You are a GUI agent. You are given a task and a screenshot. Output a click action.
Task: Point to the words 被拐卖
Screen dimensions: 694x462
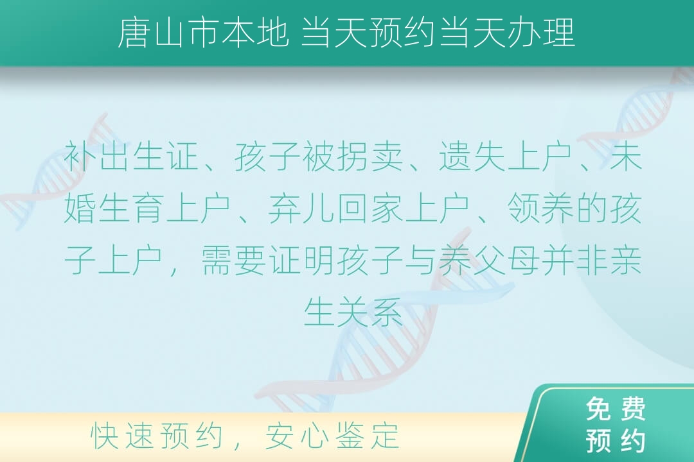[353, 157]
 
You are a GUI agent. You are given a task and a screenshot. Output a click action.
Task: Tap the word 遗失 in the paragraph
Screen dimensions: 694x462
[472, 157]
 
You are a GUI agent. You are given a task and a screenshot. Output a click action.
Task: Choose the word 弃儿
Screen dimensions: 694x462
[301, 209]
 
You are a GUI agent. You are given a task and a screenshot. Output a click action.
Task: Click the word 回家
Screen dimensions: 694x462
[369, 209]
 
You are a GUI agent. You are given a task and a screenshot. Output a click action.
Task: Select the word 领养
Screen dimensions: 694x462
[540, 209]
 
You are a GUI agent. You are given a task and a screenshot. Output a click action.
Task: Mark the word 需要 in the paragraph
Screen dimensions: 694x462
[234, 260]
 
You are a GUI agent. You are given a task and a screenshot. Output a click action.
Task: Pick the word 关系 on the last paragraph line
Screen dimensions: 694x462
[369, 312]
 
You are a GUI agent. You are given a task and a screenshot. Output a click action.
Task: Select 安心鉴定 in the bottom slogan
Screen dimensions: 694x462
[332, 436]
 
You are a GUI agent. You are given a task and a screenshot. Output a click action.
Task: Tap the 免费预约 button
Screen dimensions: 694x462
[616, 425]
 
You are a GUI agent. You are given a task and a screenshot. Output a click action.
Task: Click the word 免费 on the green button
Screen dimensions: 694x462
[616, 409]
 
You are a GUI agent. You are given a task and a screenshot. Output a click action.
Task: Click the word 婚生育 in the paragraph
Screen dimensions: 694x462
[114, 209]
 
